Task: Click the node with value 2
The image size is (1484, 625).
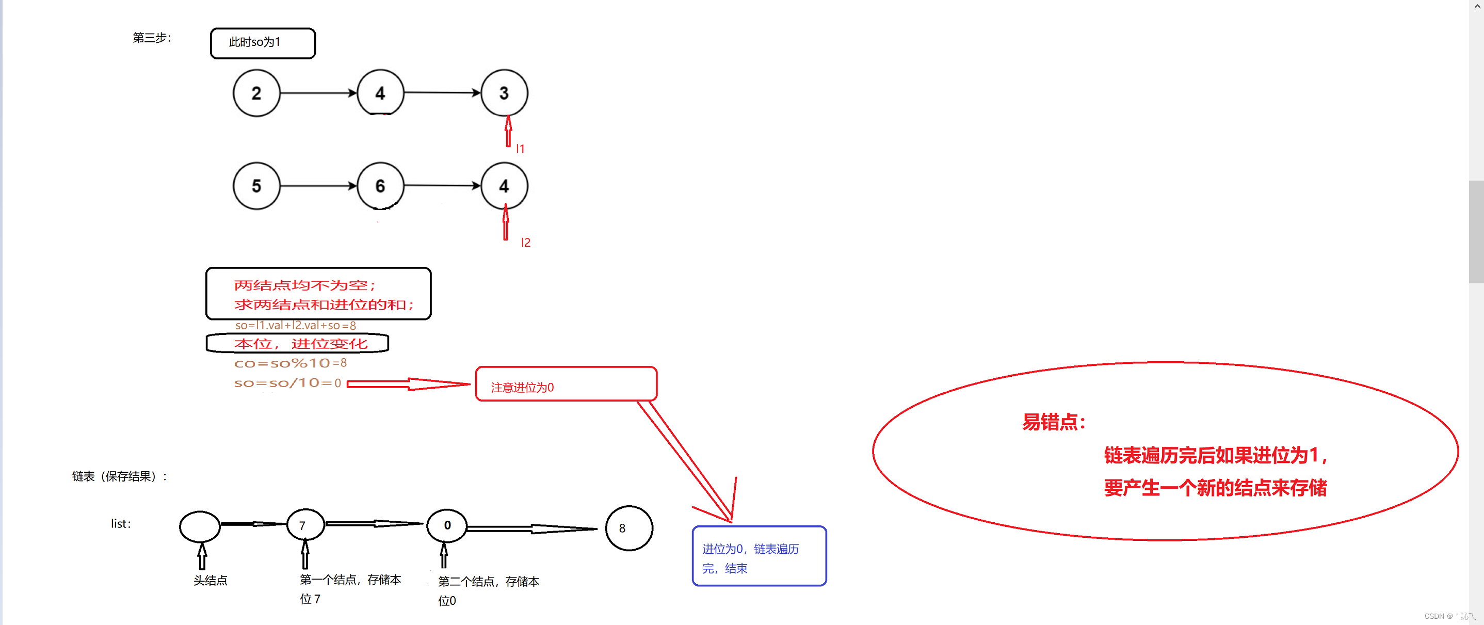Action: pyautogui.click(x=256, y=93)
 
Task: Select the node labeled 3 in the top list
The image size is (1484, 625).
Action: pyautogui.click(x=504, y=93)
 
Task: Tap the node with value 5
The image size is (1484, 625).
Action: pyautogui.click(x=256, y=186)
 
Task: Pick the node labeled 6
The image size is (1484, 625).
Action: pyautogui.click(x=380, y=186)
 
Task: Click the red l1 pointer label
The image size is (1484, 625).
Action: pyautogui.click(x=520, y=149)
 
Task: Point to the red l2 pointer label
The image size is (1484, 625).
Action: pyautogui.click(x=525, y=243)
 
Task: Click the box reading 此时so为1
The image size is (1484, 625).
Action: pyautogui.click(x=263, y=43)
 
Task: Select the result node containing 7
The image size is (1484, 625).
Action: pyautogui.click(x=305, y=525)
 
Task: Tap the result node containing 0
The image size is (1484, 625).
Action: pyautogui.click(x=447, y=525)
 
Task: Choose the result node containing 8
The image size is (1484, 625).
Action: pyautogui.click(x=628, y=528)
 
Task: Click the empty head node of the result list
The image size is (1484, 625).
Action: pyautogui.click(x=200, y=526)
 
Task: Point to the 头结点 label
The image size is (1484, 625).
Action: pyautogui.click(x=211, y=581)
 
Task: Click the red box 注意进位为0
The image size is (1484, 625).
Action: pyautogui.click(x=566, y=384)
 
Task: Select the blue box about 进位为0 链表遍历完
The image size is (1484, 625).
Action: pyautogui.click(x=759, y=556)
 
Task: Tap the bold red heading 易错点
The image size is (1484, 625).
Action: pyautogui.click(x=1054, y=422)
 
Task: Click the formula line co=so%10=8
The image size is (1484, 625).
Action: pyautogui.click(x=291, y=363)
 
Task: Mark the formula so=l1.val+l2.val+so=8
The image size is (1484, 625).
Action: pyautogui.click(x=296, y=326)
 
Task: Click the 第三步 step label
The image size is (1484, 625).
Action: pyautogui.click(x=152, y=38)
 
